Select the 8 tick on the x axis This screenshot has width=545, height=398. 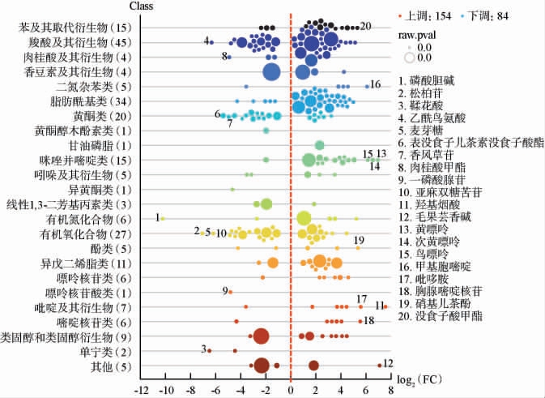point(390,389)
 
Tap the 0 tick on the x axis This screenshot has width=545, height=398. point(290,389)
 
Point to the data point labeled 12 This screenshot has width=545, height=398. point(379,365)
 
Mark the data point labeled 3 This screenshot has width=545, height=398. point(209,350)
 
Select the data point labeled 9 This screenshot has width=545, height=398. point(231,292)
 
